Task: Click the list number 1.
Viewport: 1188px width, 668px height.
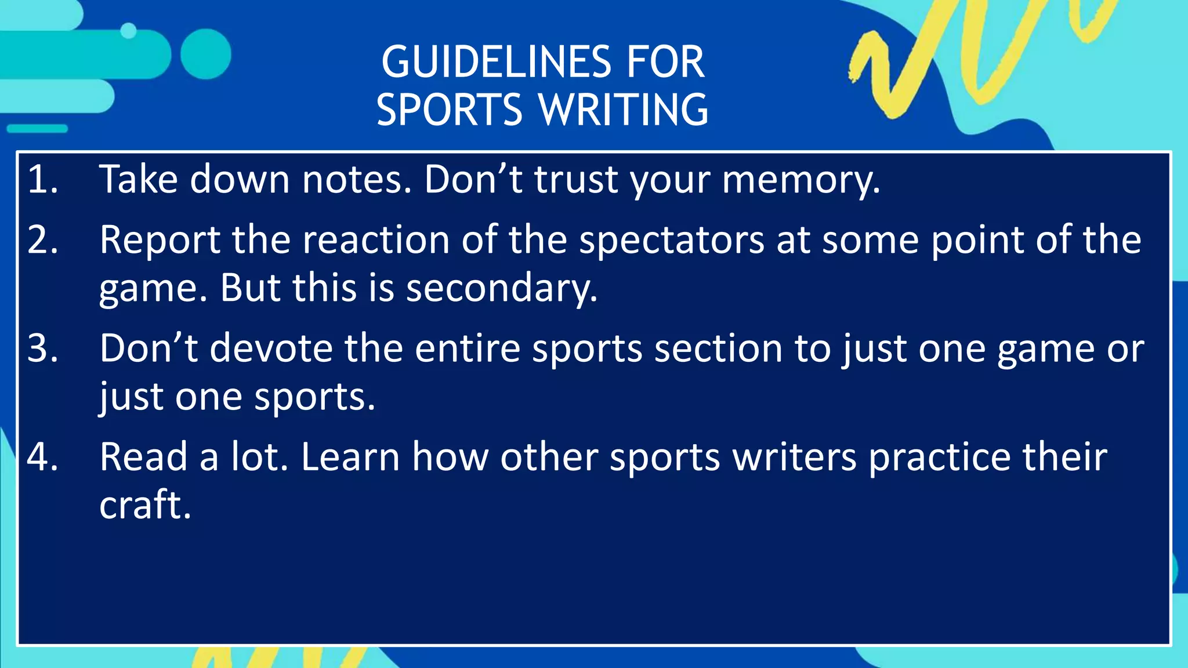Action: coord(42,179)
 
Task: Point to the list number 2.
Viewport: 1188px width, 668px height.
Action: coord(42,239)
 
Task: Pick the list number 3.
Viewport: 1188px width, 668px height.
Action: coord(42,348)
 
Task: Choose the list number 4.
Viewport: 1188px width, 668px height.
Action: coord(42,457)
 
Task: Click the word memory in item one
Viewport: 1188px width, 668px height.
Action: coord(801,180)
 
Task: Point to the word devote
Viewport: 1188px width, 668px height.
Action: coord(271,348)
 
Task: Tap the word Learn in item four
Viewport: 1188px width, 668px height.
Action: coord(350,457)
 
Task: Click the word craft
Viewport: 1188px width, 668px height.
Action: coord(145,505)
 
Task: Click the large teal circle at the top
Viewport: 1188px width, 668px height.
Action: coord(205,54)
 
